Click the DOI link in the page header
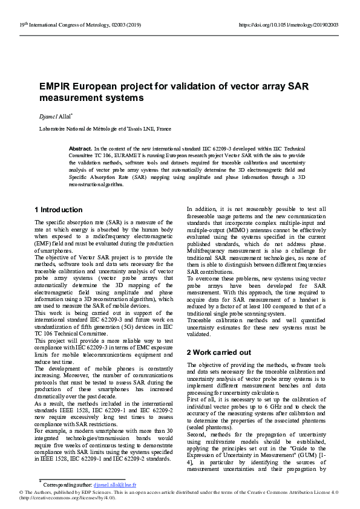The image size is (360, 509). coord(289,25)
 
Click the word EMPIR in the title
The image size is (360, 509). coord(55,86)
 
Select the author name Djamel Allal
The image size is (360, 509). coord(56,115)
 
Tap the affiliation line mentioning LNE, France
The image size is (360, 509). coord(105,129)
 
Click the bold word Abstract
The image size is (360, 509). coord(80,149)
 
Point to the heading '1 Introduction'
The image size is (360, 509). coord(59,210)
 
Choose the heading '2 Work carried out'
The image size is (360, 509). coord(219,352)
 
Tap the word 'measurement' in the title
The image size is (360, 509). coord(69,98)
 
